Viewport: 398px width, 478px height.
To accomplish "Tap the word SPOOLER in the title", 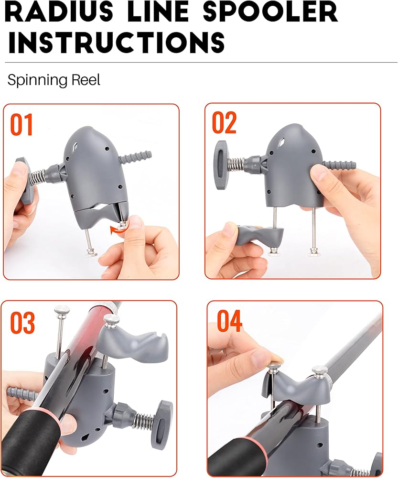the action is [270, 13].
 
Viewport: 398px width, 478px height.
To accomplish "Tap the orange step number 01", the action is [22, 125].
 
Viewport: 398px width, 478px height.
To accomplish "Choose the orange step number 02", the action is [224, 122].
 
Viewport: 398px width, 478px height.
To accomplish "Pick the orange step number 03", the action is [22, 323].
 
